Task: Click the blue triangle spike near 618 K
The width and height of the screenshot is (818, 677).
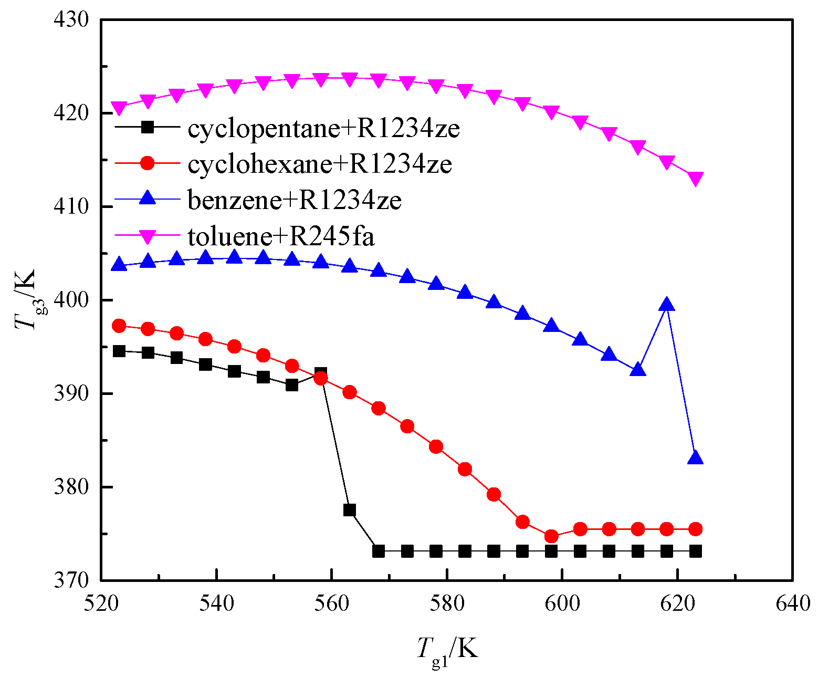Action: coord(666,305)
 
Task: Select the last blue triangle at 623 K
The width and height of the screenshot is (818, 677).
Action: coord(695,458)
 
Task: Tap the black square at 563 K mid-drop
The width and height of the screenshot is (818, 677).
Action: coord(350,510)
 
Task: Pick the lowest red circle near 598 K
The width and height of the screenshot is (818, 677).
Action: coord(551,536)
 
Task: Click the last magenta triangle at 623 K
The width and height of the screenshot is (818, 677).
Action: coord(695,179)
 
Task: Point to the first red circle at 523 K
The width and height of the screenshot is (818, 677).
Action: coord(119,326)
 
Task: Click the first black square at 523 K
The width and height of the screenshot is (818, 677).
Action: coord(119,351)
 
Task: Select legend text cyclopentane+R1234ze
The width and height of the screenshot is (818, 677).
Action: coord(323,128)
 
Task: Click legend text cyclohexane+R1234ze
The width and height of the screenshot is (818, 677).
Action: coord(319,164)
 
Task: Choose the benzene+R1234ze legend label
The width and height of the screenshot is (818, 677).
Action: coord(295,200)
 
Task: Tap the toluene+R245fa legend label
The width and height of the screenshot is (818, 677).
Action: coord(281,236)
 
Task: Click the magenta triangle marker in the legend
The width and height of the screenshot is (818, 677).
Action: coord(148,237)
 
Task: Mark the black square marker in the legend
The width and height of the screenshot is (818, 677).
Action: coord(148,127)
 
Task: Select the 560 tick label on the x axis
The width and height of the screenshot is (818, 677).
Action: coord(331,604)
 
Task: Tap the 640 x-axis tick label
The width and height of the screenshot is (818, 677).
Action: coord(792,604)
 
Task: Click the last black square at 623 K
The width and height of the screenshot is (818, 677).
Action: coord(695,551)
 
